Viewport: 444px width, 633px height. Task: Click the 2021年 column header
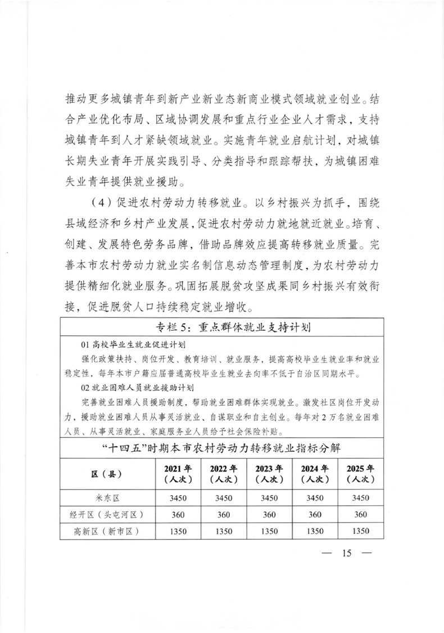(x=178, y=474)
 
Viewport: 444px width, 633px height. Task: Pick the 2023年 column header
(x=269, y=474)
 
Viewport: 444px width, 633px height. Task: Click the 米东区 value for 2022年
(x=223, y=498)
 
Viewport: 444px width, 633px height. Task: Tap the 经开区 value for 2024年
(x=315, y=514)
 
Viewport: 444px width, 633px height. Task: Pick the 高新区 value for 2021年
(x=178, y=531)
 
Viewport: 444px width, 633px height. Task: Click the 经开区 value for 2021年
(x=178, y=514)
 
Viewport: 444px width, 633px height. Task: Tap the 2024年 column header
(x=315, y=474)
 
